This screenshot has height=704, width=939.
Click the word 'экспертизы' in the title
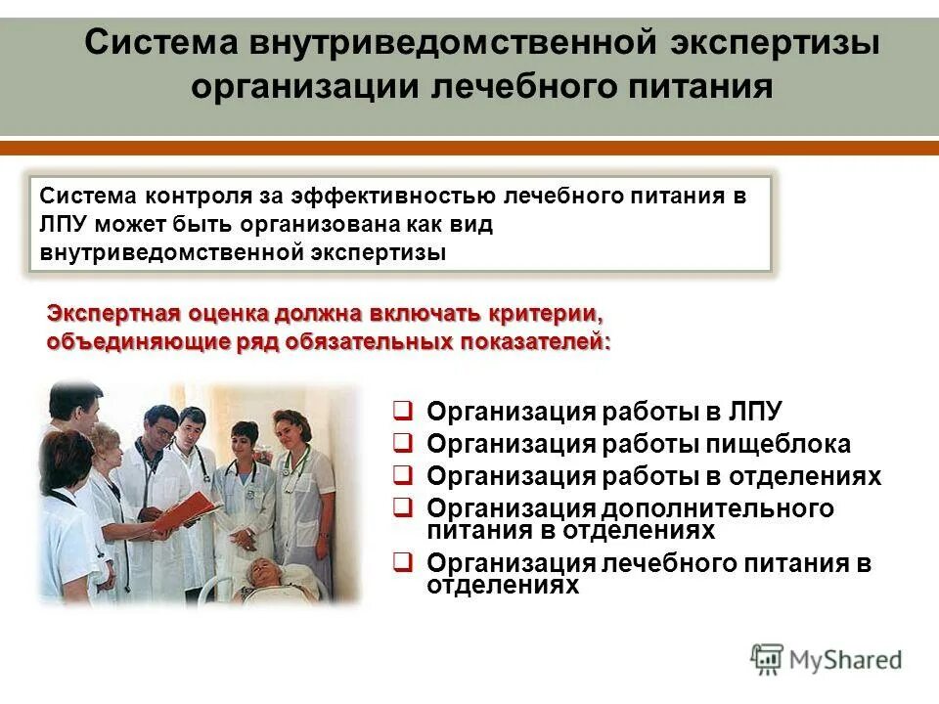[775, 43]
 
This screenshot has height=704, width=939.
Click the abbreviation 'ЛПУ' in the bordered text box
[66, 224]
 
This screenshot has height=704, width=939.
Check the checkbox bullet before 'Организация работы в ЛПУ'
[402, 410]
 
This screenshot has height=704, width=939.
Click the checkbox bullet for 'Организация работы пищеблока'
[402, 443]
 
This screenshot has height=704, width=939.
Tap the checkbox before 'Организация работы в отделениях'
[402, 475]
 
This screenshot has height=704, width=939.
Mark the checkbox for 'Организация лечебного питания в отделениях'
[402, 562]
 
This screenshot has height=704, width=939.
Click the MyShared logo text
[847, 660]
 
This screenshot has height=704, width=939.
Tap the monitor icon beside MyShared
[768, 659]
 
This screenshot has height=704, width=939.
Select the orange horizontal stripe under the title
[469, 148]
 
